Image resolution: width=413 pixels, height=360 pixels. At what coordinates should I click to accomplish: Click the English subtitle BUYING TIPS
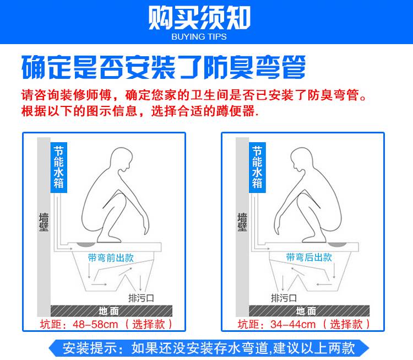point(199,36)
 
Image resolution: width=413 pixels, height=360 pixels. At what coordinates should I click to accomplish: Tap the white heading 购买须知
point(199,18)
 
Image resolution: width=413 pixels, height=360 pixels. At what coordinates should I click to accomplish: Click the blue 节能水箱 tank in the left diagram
point(59,168)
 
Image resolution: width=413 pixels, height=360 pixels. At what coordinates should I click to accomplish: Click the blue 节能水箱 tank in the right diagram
point(257,168)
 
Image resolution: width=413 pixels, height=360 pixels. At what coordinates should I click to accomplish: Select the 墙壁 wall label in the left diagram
point(44,222)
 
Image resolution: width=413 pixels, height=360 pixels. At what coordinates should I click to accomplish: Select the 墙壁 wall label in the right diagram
point(242,222)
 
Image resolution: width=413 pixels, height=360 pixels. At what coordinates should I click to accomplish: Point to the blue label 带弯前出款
point(111,257)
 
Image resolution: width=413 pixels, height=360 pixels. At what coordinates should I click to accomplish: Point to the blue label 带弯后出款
point(309,257)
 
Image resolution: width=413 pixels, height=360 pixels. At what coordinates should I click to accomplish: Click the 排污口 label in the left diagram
point(141,298)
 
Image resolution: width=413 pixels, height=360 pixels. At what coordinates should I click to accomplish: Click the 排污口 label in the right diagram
point(284,298)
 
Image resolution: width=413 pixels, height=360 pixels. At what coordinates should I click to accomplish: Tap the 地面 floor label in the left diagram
point(109,311)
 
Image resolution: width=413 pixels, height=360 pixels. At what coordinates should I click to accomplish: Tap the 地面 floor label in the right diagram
point(306,311)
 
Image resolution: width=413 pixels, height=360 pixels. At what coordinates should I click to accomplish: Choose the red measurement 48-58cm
point(95,324)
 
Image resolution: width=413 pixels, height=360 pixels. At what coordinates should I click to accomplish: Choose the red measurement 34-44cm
point(293,324)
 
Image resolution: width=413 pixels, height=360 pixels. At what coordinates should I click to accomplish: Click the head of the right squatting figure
point(302,159)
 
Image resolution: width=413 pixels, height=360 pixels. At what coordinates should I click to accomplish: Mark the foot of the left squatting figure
point(109,239)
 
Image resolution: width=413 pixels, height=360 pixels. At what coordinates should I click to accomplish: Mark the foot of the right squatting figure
point(314,239)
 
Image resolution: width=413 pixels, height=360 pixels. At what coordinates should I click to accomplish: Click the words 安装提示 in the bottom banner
point(90,348)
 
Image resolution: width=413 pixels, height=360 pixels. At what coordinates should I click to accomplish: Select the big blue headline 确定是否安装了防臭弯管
point(164,67)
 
